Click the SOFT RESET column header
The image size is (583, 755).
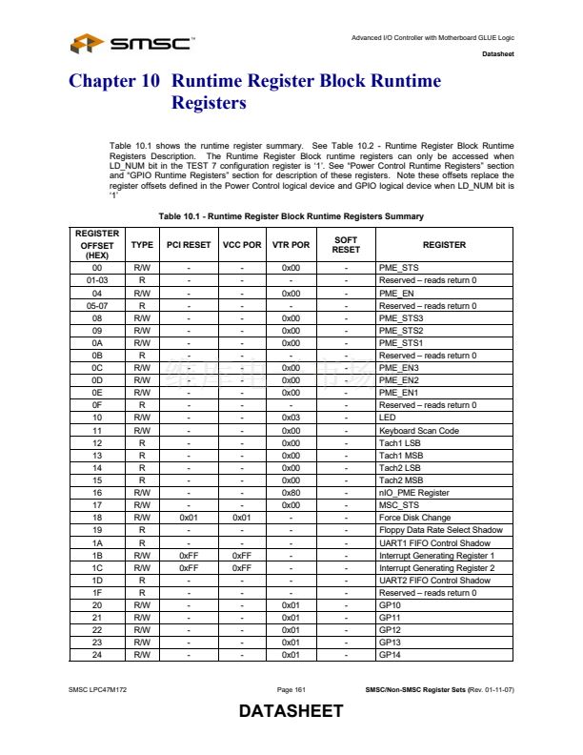(346, 245)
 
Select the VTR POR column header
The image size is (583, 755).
(291, 245)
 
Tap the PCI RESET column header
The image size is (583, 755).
(189, 245)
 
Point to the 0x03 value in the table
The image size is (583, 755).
(291, 418)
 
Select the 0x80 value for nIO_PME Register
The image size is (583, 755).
(291, 492)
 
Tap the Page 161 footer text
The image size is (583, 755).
(291, 688)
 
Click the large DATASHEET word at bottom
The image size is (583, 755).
(291, 712)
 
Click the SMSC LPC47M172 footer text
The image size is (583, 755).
(98, 688)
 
